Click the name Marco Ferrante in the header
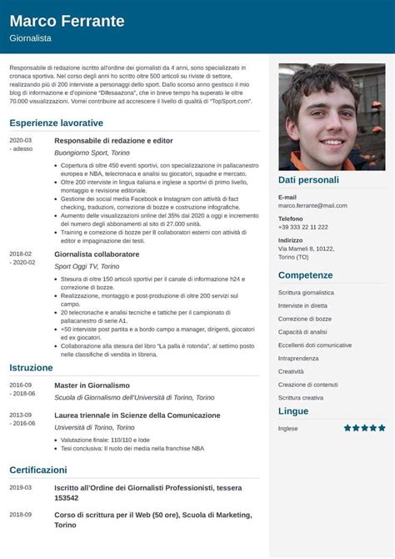coord(67,21)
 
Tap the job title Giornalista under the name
coord(31,38)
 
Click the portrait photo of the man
coord(332,117)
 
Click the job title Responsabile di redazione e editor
coord(113,141)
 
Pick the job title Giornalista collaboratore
coord(97,254)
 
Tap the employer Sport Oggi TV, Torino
coord(87,266)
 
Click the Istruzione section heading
coord(32,367)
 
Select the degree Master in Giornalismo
coord(92,385)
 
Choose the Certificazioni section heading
coord(38,470)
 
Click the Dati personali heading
coord(308,179)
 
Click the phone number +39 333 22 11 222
coord(303,227)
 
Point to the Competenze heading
coord(306,275)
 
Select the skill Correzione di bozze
coord(305,319)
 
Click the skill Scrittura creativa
coord(301,398)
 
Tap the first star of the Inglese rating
coord(347,428)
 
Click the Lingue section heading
coord(293,411)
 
